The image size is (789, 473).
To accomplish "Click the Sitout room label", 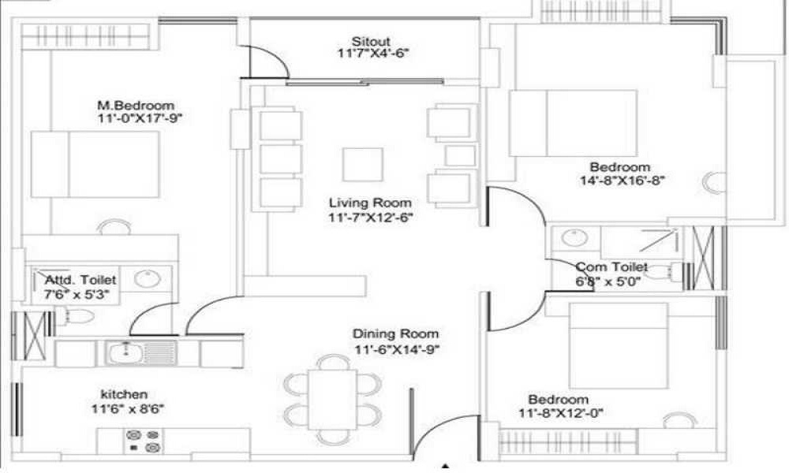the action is click(x=371, y=41).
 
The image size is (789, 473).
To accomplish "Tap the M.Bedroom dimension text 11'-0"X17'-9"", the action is click(x=140, y=118).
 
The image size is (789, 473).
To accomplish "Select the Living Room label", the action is click(x=370, y=203).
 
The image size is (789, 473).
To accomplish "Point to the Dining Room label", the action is click(x=395, y=333).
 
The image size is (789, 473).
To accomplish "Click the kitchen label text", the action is click(x=125, y=395).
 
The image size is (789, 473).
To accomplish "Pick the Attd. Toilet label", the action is click(x=80, y=280).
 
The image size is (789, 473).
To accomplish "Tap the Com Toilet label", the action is click(x=611, y=267).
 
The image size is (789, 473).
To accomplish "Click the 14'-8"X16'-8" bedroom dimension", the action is click(x=623, y=181).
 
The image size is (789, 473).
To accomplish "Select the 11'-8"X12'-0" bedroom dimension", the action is click(x=561, y=413).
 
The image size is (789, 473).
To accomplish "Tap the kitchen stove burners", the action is click(x=144, y=441).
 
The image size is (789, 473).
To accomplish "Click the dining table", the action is click(x=332, y=400).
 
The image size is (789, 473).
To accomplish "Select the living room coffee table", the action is click(x=363, y=165).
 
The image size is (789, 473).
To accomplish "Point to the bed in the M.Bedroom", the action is click(x=95, y=165).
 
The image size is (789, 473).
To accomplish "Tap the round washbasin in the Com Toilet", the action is click(x=574, y=237).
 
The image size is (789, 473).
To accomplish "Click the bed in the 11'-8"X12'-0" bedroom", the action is click(x=619, y=345).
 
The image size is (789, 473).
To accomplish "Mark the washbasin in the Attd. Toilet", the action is click(x=148, y=279).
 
